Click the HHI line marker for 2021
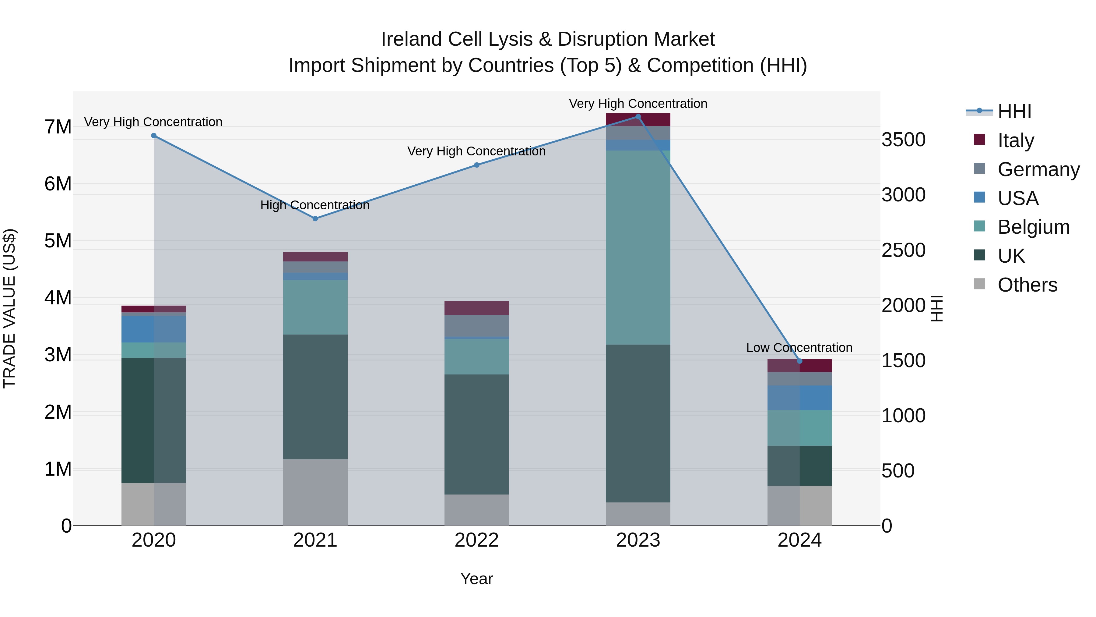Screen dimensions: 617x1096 pyautogui.click(x=315, y=218)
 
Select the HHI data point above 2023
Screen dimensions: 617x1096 pyautogui.click(x=638, y=117)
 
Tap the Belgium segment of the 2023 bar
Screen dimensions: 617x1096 pyautogui.click(x=638, y=247)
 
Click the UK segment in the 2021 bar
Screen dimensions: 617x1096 pyautogui.click(x=315, y=396)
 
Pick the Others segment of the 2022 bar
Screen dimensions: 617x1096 pyautogui.click(x=476, y=510)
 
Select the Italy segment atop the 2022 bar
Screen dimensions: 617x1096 pyautogui.click(x=476, y=308)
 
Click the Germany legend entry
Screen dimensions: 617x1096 pyautogui.click(x=1038, y=169)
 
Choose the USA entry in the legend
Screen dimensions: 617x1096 pyautogui.click(x=1018, y=198)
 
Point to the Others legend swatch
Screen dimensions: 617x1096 pyautogui.click(x=979, y=284)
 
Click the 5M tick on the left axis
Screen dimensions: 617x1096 pyautogui.click(x=58, y=241)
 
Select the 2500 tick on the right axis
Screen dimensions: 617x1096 pyautogui.click(x=903, y=250)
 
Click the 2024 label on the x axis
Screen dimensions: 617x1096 pyautogui.click(x=799, y=540)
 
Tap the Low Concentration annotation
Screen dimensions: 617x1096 pyautogui.click(x=799, y=347)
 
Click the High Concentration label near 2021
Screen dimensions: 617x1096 pyautogui.click(x=315, y=205)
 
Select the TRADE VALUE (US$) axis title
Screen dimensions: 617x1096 pyautogui.click(x=9, y=308)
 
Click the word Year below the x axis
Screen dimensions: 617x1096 pyautogui.click(x=476, y=579)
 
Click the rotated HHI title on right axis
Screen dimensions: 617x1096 pyautogui.click(x=937, y=308)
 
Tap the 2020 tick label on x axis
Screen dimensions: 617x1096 pyautogui.click(x=154, y=540)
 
